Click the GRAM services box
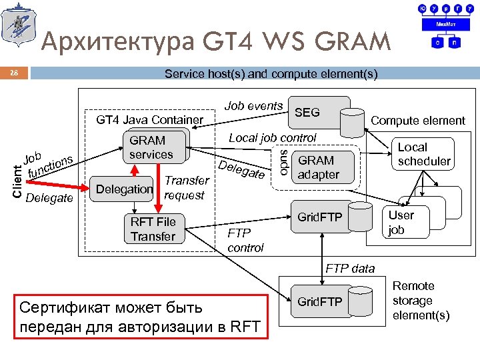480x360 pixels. pyautogui.click(x=151, y=147)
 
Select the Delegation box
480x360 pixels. pyautogui.click(x=125, y=189)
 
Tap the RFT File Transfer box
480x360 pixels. pyautogui.click(x=153, y=229)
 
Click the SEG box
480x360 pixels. pyautogui.click(x=307, y=113)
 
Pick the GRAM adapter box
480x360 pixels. pyautogui.click(x=318, y=167)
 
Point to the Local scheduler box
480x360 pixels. pyautogui.click(x=424, y=154)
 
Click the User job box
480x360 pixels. pyautogui.click(x=401, y=222)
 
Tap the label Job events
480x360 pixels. pyautogui.click(x=253, y=105)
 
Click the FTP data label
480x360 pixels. pyautogui.click(x=350, y=269)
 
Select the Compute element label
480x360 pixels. pyautogui.click(x=418, y=121)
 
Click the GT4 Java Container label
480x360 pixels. pyautogui.click(x=150, y=120)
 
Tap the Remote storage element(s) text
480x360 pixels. pyautogui.click(x=421, y=301)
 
